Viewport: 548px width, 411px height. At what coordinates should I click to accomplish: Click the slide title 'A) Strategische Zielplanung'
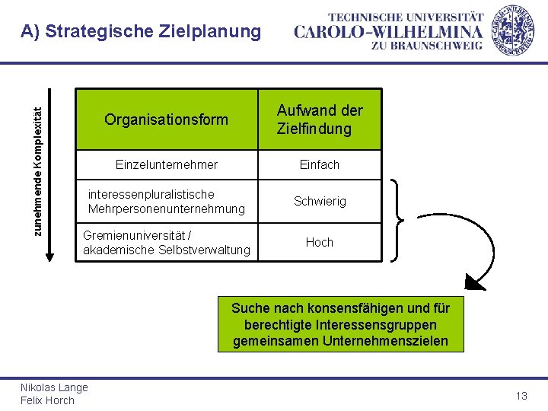141,32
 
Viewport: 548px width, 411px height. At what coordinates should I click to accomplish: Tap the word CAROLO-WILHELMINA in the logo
388,31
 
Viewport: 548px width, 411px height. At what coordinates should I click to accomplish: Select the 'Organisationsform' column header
166,119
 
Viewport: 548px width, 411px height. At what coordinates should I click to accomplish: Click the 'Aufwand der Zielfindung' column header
320,119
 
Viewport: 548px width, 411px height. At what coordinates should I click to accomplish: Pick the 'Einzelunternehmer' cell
166,164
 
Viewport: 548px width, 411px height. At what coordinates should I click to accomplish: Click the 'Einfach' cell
320,164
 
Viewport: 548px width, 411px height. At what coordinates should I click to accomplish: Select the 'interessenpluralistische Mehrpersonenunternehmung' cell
166,202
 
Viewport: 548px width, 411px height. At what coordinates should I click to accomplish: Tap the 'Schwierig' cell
320,202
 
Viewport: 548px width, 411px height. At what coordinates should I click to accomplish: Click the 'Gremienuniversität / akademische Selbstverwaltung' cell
166,242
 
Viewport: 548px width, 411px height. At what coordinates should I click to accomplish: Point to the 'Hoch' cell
320,242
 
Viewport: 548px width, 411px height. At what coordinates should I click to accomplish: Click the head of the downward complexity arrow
50,256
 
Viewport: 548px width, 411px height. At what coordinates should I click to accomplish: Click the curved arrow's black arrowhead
475,283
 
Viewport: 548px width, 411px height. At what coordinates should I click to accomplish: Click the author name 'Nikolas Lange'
54,387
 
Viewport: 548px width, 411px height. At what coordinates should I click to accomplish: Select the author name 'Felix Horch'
47,400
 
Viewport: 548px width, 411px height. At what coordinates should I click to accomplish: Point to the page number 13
521,396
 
